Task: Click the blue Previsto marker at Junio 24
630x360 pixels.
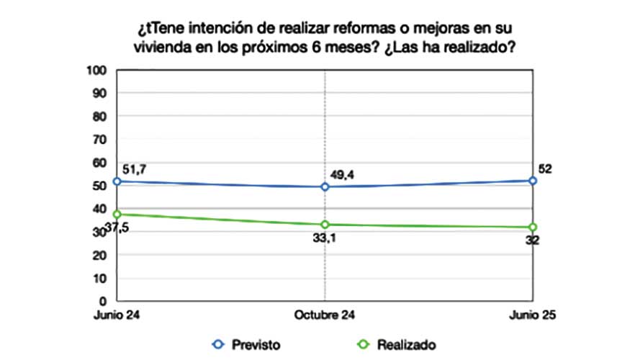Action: (117, 181)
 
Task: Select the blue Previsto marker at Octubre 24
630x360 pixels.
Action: (325, 186)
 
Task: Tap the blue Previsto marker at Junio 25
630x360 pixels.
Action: (533, 181)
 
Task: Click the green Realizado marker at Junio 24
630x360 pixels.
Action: (117, 214)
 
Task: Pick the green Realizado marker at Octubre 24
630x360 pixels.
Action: (325, 225)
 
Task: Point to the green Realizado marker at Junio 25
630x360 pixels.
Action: (533, 228)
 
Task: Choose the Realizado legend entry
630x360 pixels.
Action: (397, 344)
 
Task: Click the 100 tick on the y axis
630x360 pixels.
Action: (97, 70)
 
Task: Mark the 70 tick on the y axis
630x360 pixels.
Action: (99, 139)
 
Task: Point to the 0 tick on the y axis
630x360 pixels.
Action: (102, 300)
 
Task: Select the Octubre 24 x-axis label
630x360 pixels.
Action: (325, 315)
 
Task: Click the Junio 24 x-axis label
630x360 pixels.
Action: (117, 315)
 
